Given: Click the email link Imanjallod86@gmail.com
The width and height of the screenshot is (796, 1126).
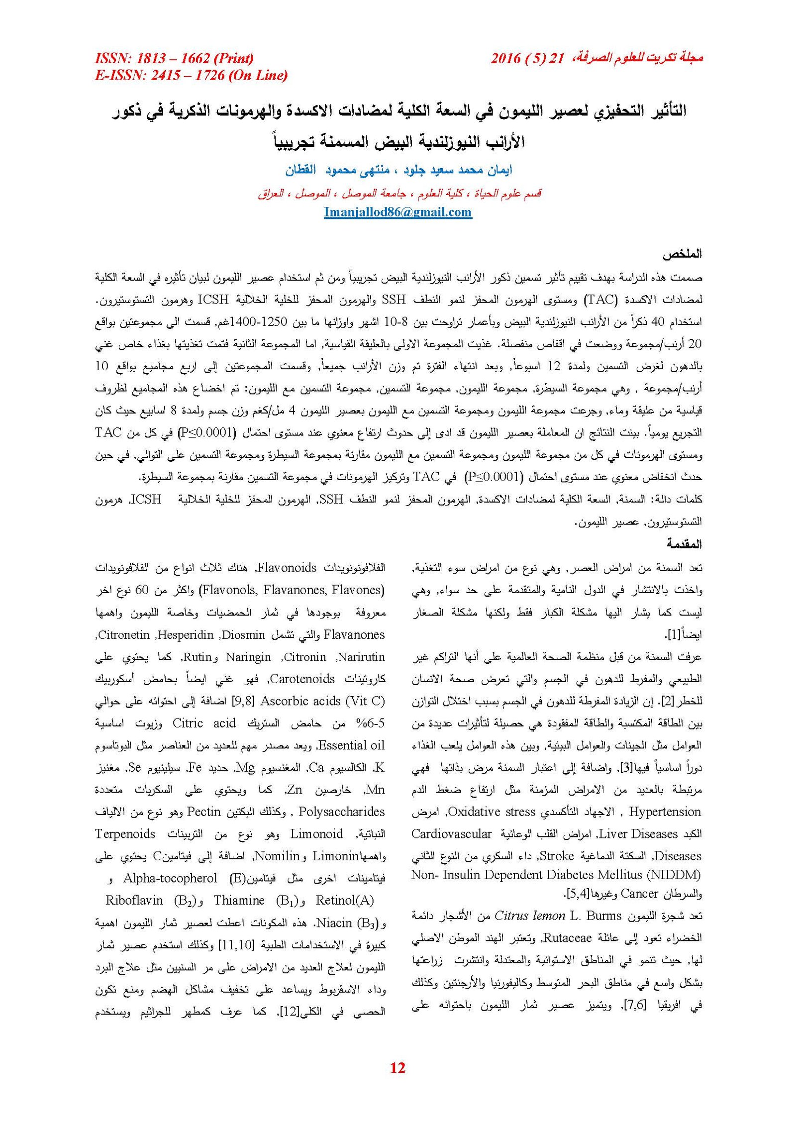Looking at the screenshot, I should pos(398,212).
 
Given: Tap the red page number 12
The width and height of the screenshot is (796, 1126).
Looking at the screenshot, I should pos(398,1067).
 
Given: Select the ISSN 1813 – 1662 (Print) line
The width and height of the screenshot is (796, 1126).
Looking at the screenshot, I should pos(174,59).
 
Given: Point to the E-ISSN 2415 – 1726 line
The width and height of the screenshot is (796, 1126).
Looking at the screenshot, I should pos(192,76).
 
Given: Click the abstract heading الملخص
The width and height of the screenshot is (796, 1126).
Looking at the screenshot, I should pos(682,254).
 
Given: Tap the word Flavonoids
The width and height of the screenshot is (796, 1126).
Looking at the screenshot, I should pos(287,568).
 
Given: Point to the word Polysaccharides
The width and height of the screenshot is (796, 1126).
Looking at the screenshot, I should pos(342,812).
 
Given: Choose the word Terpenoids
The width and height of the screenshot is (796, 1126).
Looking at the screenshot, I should pos(125,834).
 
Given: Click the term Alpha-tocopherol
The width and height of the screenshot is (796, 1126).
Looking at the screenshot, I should pos(170,878).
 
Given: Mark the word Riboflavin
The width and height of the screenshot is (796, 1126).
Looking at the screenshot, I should pos(134,900).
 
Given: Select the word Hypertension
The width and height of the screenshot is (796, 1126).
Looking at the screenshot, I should pos(665,812).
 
